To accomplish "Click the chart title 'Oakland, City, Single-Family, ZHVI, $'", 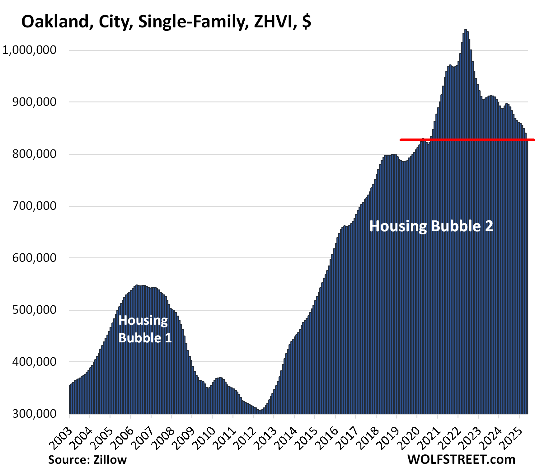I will point(166,22).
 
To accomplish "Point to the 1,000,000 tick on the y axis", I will point(30,50).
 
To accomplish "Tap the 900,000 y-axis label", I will point(34,102).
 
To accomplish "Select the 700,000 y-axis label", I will point(34,206).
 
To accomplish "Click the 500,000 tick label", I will point(34,310).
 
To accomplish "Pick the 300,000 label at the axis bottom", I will point(34,414).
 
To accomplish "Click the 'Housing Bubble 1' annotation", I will point(145,329).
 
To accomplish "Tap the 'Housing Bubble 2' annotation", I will point(431,226).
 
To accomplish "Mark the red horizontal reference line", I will point(467,140).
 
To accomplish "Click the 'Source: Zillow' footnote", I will point(87,460).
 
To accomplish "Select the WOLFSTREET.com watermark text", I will point(461,459).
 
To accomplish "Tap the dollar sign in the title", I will point(307,22).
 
